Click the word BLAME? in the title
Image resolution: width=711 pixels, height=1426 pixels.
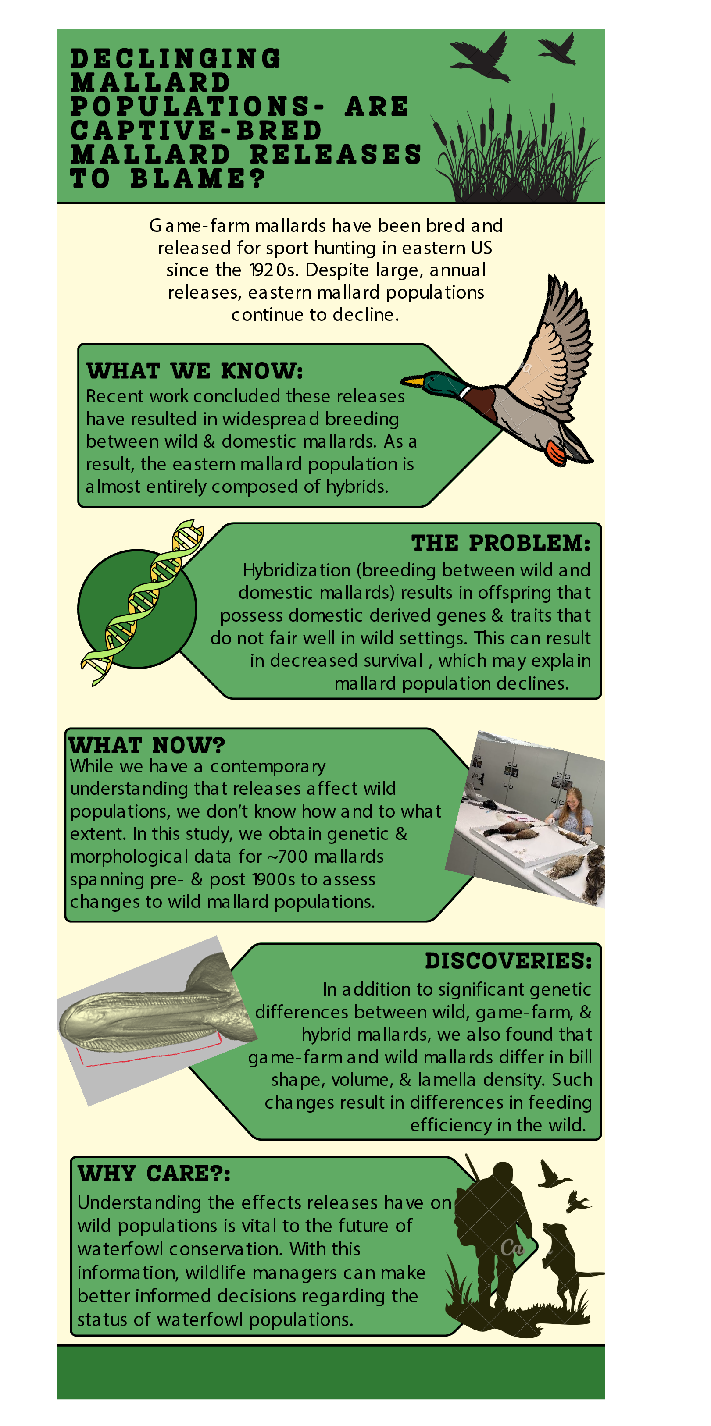[x=198, y=178]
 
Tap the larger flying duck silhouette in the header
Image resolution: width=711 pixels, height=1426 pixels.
[x=481, y=57]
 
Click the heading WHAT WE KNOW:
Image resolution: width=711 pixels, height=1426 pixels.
[x=195, y=370]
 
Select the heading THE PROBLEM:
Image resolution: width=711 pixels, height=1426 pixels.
[x=500, y=543]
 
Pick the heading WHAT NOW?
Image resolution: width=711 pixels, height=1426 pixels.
[x=147, y=744]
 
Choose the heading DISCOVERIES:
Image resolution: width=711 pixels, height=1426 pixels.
[x=508, y=960]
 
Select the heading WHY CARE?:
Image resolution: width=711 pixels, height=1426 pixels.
[x=154, y=1173]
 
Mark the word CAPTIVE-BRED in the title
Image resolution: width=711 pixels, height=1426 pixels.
[x=196, y=131]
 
